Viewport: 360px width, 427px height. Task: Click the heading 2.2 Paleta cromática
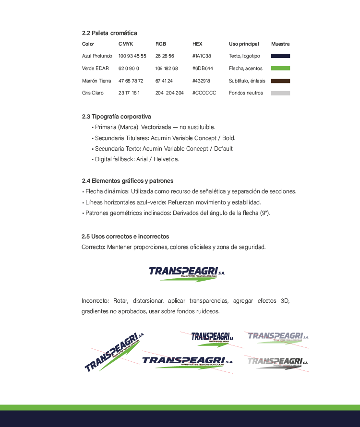(109, 33)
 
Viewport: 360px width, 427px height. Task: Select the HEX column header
(197, 44)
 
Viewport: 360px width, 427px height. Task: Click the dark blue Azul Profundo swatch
(280, 56)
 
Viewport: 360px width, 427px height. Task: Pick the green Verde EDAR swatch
(280, 69)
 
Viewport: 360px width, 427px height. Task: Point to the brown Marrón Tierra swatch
(280, 81)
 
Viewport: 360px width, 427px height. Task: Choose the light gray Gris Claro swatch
(280, 93)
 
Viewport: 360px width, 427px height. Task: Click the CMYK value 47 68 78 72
(131, 81)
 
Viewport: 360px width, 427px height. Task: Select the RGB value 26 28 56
(165, 56)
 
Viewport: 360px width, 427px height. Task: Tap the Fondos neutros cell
(246, 93)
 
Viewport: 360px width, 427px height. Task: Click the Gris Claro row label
(93, 93)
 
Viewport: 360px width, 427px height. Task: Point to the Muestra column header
(280, 44)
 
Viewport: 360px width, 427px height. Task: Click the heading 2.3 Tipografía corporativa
(116, 117)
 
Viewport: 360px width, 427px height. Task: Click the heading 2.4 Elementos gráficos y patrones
(127, 181)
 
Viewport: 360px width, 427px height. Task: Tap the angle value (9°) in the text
(265, 213)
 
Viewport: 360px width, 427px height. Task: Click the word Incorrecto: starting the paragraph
(95, 301)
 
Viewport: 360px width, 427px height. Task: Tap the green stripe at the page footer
(180, 407)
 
